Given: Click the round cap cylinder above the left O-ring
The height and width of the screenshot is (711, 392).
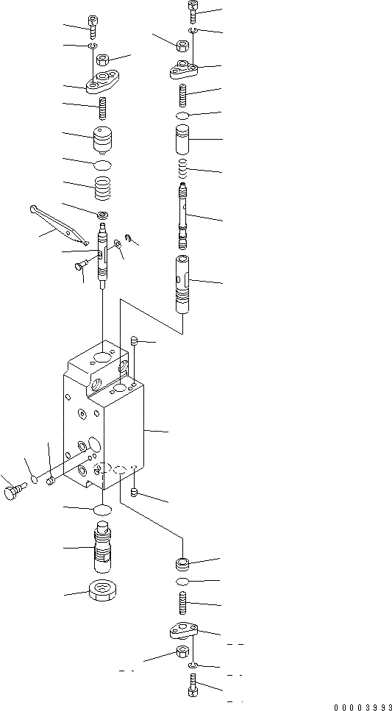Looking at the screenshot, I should coord(103,140).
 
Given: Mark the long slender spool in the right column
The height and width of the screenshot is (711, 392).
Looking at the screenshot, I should coord(184,217).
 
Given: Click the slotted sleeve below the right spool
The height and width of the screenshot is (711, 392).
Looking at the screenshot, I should coord(184,285).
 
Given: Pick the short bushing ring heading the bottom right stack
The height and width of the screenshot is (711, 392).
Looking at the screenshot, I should coord(184,564).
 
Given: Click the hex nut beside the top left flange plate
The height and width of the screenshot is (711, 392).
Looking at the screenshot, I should coord(101,60).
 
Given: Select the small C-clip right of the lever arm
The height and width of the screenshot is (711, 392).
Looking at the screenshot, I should coord(128,237).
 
